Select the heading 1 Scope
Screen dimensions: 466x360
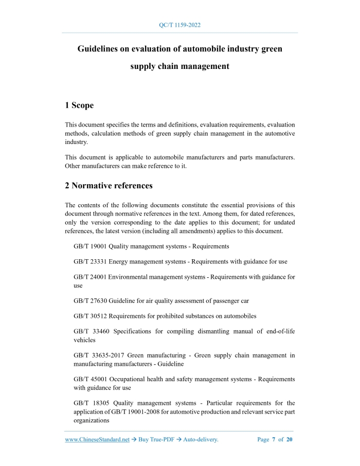79,105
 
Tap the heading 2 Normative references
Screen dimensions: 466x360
109,185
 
